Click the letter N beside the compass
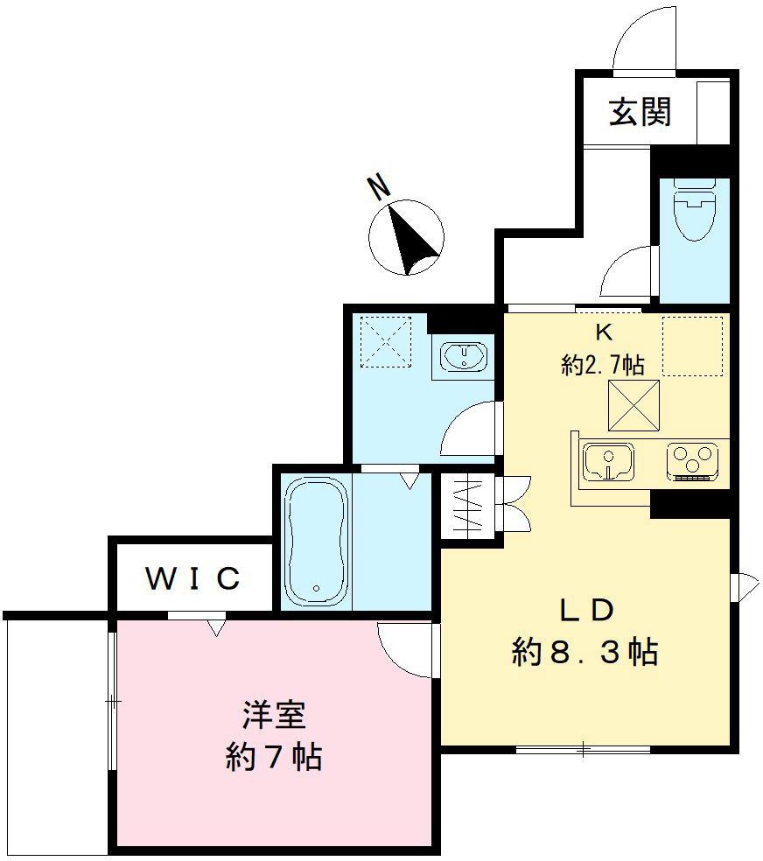(378, 186)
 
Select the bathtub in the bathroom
(315, 540)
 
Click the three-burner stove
(693, 462)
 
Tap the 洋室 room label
(273, 715)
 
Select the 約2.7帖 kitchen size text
(603, 364)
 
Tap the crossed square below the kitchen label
(633, 406)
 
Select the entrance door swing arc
(644, 39)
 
